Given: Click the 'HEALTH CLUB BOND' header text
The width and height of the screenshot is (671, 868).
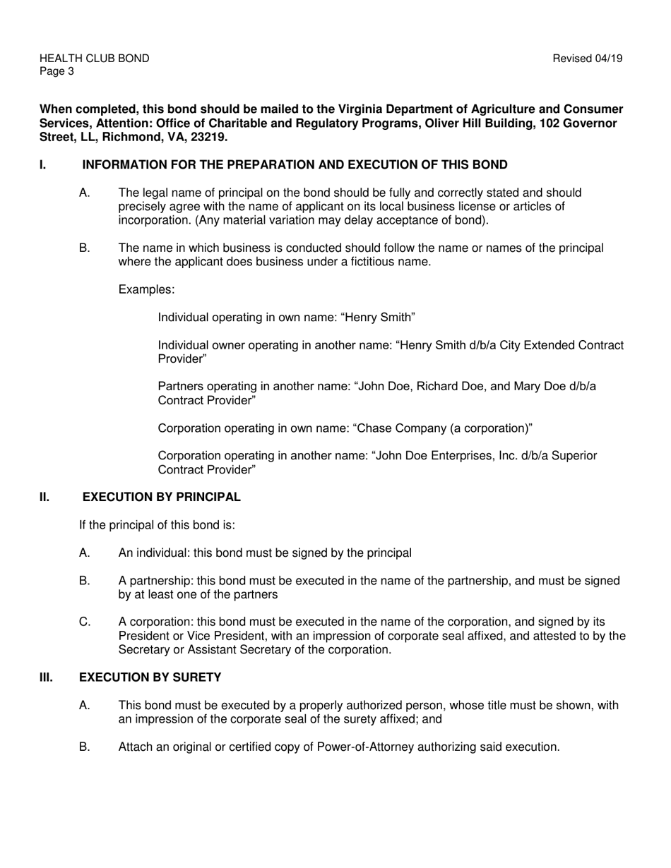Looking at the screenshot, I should tap(94, 59).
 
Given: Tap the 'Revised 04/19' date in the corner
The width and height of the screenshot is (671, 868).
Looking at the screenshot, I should tap(588, 59).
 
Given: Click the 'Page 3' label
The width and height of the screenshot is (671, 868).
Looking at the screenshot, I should tap(57, 71).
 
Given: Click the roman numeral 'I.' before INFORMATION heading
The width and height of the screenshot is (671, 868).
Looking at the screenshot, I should tap(43, 165).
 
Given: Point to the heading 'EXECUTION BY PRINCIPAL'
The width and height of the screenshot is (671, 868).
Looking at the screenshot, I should tap(162, 497).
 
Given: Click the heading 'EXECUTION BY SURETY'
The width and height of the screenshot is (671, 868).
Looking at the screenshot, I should tap(150, 677).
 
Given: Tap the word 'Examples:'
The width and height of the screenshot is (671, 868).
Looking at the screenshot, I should tap(146, 289).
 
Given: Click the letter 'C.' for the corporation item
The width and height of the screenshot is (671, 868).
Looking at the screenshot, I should tap(85, 622).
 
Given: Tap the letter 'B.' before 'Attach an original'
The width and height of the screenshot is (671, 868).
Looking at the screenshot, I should tap(85, 747).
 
